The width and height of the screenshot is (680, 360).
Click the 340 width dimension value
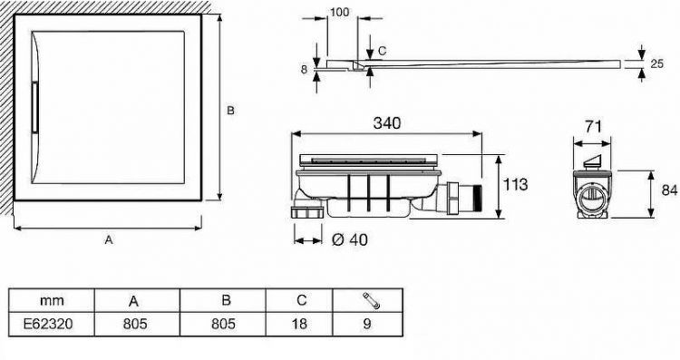(x=387, y=123)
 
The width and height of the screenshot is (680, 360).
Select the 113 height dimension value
(x=515, y=184)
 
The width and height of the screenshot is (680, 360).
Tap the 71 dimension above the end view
(x=593, y=127)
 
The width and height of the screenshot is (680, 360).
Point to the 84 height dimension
(x=670, y=190)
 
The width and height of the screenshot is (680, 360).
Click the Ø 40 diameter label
(x=350, y=239)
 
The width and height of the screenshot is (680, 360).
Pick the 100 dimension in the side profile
(x=340, y=12)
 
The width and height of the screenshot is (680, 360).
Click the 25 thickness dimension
(x=657, y=63)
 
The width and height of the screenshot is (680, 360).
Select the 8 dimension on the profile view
(x=304, y=70)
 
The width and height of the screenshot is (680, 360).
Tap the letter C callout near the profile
(x=382, y=51)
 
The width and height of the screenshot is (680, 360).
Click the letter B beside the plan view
(x=230, y=111)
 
